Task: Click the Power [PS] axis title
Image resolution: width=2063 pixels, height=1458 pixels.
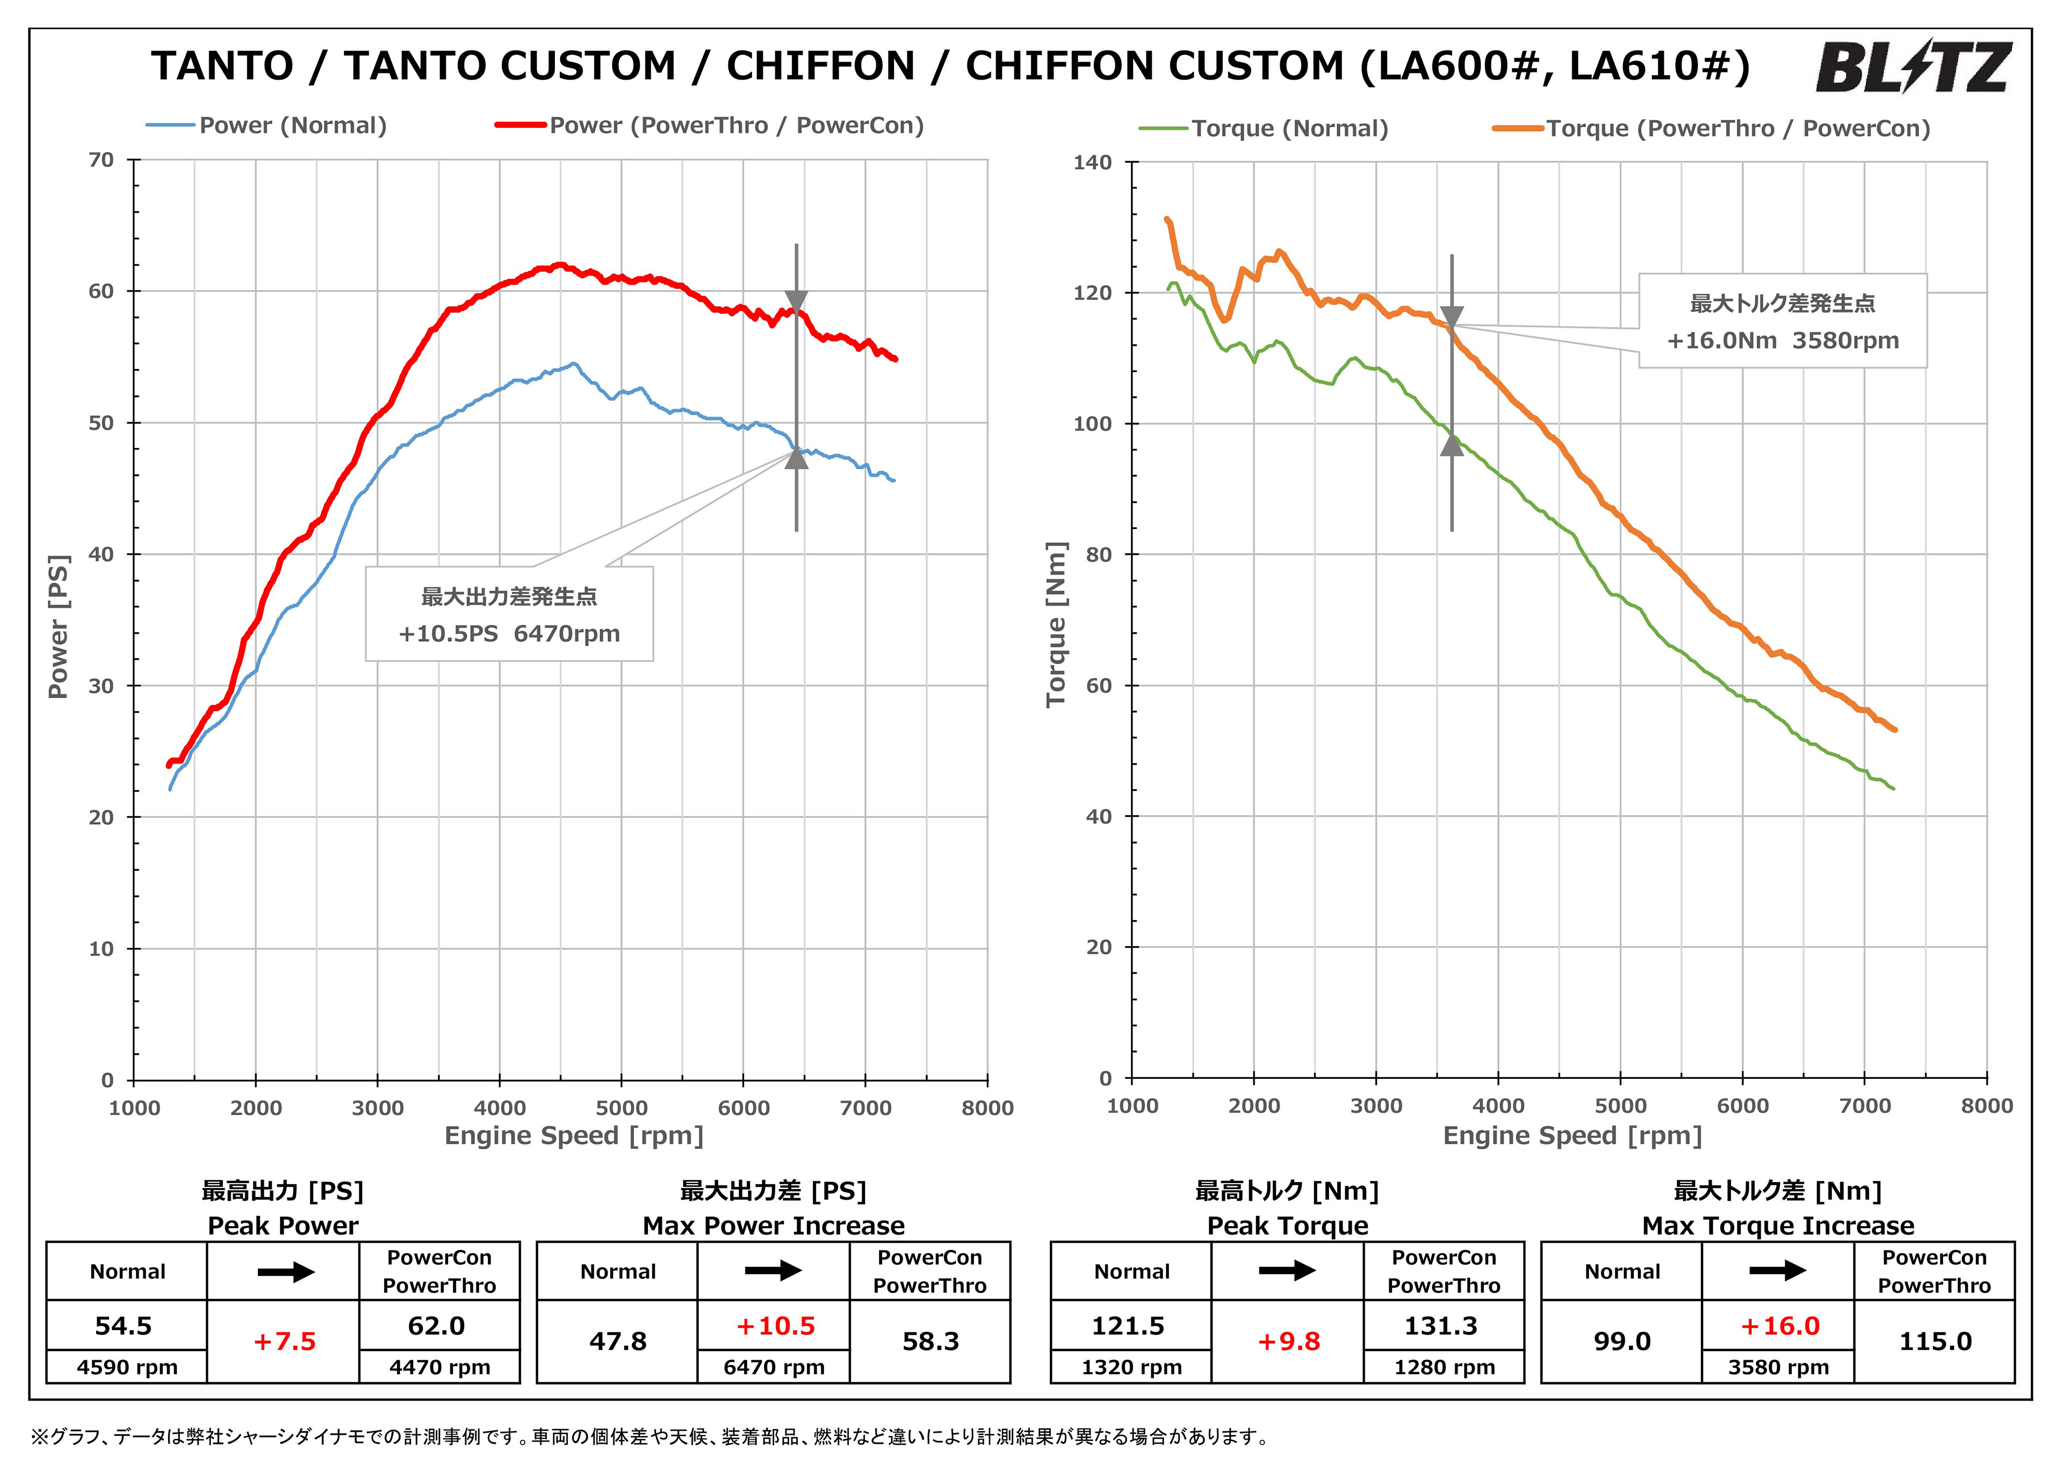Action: [x=59, y=626]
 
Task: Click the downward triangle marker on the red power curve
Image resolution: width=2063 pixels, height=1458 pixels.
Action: [x=796, y=301]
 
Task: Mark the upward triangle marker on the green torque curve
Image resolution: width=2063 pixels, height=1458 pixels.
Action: [x=1452, y=445]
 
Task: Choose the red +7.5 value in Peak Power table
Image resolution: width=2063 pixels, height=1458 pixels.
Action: [x=284, y=1341]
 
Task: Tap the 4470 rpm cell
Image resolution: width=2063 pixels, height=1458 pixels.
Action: [x=439, y=1367]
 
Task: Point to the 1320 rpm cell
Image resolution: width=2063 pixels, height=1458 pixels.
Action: [x=1131, y=1367]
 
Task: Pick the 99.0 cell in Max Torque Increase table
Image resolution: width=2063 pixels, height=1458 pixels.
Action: [x=1622, y=1341]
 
